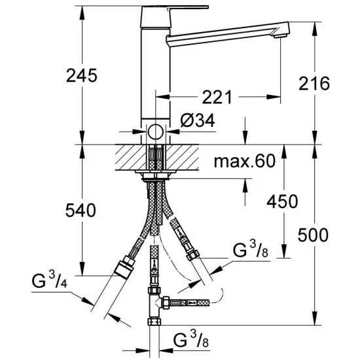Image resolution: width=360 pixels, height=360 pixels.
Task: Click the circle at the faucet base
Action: [x=154, y=130]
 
